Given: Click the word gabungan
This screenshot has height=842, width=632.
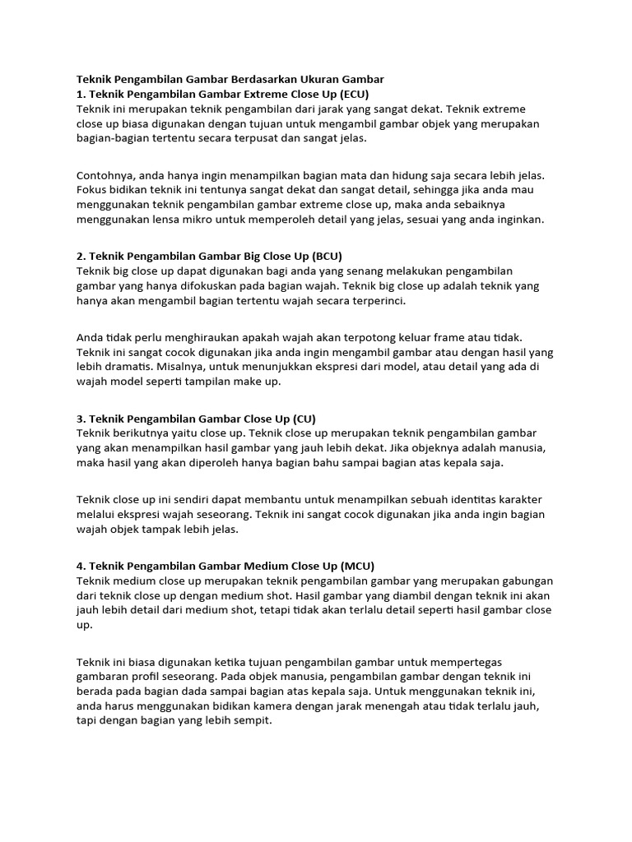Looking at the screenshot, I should [x=524, y=581].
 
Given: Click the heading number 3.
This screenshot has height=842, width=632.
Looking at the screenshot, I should [x=81, y=419].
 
